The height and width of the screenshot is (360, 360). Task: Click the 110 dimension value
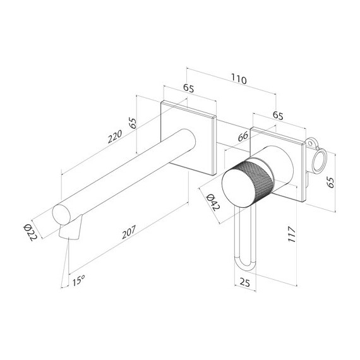(x=238, y=80)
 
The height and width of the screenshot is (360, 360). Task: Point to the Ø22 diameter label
(x=31, y=232)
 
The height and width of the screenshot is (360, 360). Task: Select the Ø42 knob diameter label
(x=212, y=201)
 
